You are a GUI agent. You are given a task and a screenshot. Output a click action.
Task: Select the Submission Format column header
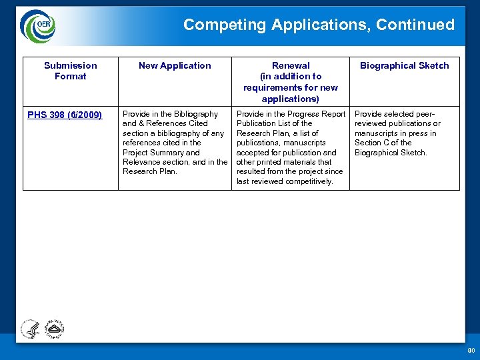[71, 71]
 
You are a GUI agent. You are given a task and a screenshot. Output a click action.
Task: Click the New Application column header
[175, 65]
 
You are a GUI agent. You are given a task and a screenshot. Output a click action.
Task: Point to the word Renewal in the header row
[291, 65]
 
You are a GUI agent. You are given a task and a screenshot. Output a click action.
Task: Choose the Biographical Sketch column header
[404, 65]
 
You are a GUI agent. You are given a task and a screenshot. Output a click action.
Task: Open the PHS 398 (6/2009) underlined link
[65, 115]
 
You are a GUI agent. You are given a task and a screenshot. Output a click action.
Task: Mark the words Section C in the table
[375, 143]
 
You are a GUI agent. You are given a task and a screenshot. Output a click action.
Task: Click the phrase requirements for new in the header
[291, 87]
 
